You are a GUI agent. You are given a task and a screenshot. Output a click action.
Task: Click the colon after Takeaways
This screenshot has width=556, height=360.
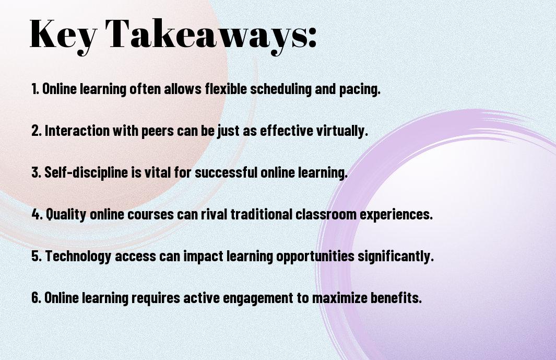point(312,37)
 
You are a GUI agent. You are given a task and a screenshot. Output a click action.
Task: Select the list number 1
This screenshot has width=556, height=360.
point(35,89)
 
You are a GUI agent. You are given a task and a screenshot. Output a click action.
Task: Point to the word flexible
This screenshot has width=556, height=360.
point(226,89)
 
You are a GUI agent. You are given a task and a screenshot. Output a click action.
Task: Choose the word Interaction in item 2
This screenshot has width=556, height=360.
point(77,131)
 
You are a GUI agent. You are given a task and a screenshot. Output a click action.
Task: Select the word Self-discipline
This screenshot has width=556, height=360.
point(86,172)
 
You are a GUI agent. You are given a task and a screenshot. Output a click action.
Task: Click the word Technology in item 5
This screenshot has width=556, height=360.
point(78,257)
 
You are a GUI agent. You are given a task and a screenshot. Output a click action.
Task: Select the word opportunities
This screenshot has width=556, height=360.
point(315,257)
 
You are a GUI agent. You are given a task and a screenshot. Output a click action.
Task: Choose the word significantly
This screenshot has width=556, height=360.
point(396,257)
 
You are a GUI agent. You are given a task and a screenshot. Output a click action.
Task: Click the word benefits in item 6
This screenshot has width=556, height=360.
point(396,297)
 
